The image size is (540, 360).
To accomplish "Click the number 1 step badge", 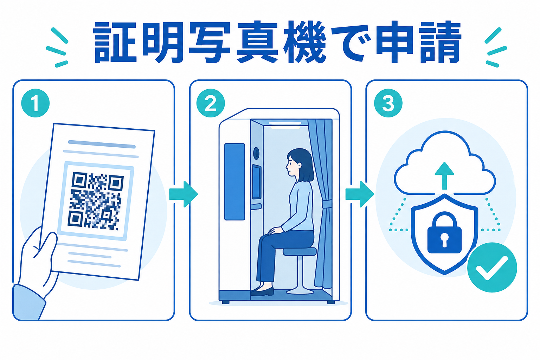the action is tap(36, 103).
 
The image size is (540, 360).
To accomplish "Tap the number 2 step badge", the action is tap(211, 103).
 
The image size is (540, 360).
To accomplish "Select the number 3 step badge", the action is tap(388, 103).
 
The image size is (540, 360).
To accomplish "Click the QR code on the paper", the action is tap(96, 201).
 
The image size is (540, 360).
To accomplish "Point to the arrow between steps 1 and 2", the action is tap(184, 194).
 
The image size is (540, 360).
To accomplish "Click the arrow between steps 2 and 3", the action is tap(360, 194).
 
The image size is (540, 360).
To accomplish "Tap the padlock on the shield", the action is tap(444, 232).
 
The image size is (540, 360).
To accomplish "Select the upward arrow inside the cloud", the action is tap(444, 175).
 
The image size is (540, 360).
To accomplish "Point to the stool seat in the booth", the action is tap(300, 251).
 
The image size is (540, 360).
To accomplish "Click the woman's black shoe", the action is tap(262, 292).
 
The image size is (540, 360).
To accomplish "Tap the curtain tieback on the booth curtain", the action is tap(327, 204).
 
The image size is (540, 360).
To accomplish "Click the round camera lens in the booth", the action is tap(256, 152).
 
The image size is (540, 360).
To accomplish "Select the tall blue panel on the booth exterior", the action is tap(234, 182).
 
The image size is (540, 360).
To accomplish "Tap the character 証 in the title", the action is tap(115, 43).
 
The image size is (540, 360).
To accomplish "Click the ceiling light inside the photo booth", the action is tap(285, 123).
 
